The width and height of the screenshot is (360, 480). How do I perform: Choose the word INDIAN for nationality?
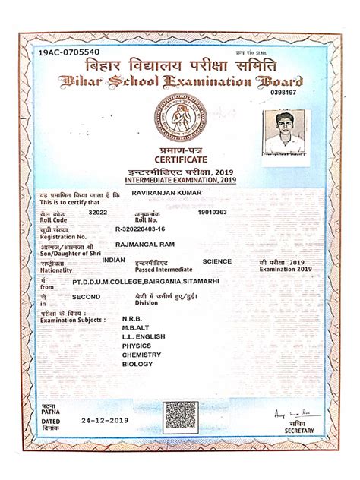113,260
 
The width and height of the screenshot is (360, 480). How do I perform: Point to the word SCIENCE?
217,261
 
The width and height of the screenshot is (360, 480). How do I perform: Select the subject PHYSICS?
137,346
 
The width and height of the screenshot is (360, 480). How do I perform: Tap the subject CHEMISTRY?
141,355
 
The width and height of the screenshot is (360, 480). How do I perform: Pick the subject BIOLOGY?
137,364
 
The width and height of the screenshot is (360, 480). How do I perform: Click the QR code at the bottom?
181,416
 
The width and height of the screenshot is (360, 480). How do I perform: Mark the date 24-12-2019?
105,420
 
